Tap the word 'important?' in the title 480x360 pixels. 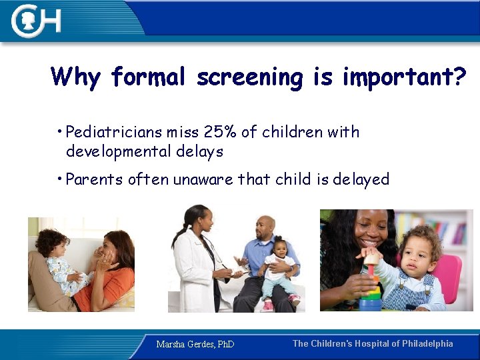point(404,77)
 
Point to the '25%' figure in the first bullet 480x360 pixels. point(217,132)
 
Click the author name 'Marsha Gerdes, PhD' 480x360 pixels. point(195,345)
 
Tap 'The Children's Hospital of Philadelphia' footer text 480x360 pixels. point(373,344)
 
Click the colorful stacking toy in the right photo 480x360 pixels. point(369,287)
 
